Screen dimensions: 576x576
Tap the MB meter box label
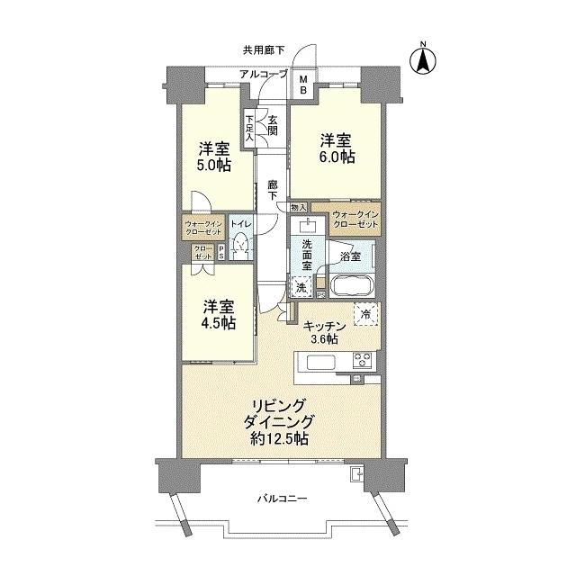coord(303,84)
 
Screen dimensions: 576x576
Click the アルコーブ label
coord(263,74)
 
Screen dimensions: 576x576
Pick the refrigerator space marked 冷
coord(365,314)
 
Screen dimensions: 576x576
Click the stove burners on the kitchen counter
coord(364,363)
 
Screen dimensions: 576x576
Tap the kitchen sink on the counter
coord(319,364)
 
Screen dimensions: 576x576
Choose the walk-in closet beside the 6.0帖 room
coord(355,219)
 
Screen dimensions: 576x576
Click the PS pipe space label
coord(221,255)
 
